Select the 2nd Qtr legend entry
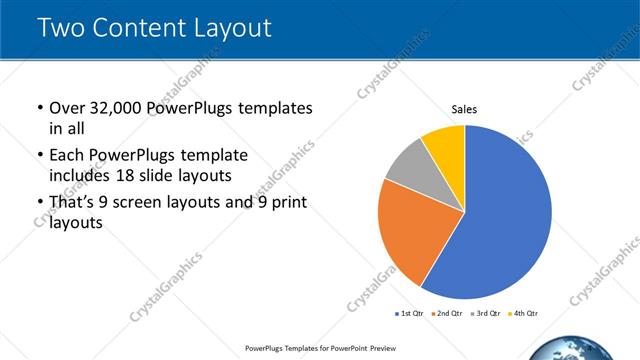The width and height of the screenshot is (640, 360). [446, 314]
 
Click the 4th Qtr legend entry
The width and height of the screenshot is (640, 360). [523, 314]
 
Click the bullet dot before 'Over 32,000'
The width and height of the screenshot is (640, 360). [39, 108]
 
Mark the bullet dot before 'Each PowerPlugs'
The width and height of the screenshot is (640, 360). [39, 156]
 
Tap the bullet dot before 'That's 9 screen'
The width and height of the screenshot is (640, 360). [39, 203]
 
